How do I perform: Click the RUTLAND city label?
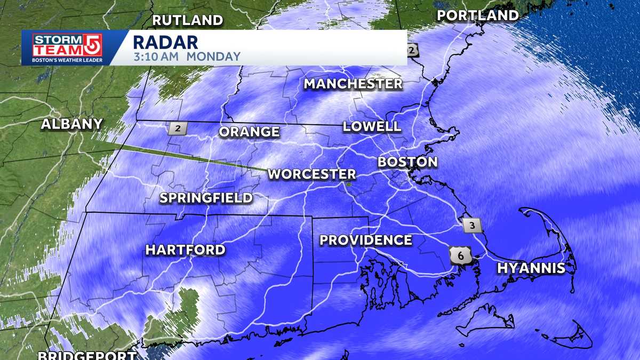[187, 21]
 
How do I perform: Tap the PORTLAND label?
[477, 16]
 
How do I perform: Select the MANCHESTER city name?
[353, 84]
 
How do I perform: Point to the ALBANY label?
[71, 124]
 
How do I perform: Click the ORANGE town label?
[249, 132]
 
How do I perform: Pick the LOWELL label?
[372, 126]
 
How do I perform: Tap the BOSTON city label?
[407, 162]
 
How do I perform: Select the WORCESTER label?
[311, 174]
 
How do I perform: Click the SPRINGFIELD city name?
[206, 198]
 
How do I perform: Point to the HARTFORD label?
[185, 250]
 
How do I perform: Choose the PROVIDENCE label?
[365, 241]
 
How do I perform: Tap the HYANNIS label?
[531, 268]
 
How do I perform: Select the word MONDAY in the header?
[213, 56]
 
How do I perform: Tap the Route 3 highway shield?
[472, 225]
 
